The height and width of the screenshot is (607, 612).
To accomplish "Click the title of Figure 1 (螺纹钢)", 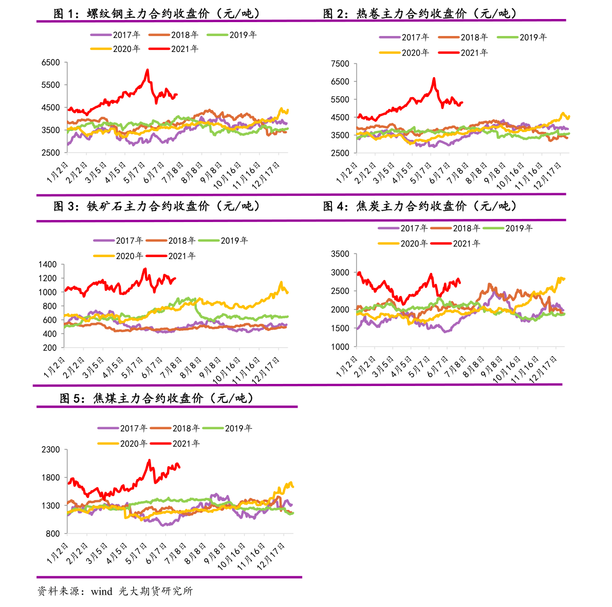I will tap(157, 14).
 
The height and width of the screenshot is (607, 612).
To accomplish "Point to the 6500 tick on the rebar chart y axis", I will tap(50, 62).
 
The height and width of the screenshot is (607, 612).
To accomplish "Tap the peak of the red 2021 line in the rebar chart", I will tap(147, 70).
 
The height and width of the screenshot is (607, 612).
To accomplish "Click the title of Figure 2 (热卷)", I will tap(420, 14).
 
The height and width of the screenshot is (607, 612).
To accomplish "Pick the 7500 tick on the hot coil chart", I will tap(340, 64).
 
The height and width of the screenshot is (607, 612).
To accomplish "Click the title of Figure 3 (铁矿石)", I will tap(157, 206).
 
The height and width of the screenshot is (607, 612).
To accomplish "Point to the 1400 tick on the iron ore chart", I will tap(47, 264).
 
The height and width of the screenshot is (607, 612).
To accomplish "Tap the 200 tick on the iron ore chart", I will tap(50, 347).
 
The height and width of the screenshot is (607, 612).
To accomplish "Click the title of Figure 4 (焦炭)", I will tap(420, 206).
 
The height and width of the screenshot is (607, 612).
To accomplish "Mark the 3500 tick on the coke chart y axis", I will tap(340, 254).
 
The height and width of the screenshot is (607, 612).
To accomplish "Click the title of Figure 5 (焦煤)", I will tap(157, 398).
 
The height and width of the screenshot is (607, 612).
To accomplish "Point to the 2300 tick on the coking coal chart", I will tap(50, 449).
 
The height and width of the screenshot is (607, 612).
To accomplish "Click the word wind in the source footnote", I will tap(102, 591).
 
